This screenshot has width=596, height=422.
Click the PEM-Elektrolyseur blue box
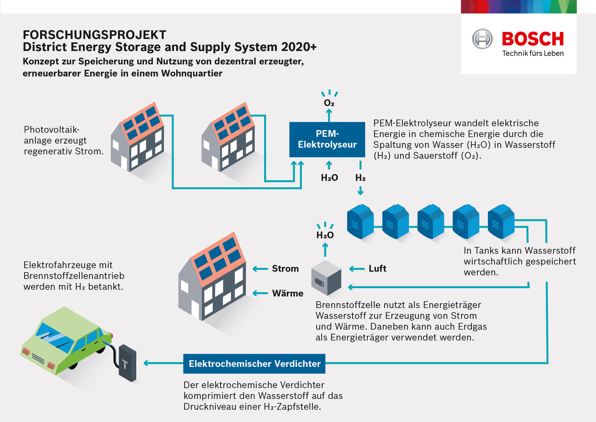point(327,139)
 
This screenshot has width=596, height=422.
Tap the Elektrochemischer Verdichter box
point(254,363)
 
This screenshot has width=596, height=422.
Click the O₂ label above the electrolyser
point(329,103)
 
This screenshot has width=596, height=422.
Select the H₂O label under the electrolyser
point(329,178)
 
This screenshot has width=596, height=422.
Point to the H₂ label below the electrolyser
point(360,178)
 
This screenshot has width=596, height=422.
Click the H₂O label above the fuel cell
point(325,235)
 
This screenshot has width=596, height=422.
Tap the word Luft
point(377,268)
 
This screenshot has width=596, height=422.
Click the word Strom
point(285,268)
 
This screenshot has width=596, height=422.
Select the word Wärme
point(288,293)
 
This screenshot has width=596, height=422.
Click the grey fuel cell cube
point(326,277)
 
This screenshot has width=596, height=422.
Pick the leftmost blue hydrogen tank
point(360,221)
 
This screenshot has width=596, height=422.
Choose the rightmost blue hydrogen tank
point(501,221)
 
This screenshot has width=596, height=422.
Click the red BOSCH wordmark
point(533,39)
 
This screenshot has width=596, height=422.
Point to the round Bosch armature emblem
point(482,39)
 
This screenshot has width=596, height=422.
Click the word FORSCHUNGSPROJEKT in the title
point(94,35)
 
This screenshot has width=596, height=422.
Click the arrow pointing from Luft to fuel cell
point(356,268)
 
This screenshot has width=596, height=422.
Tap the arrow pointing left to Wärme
point(260,293)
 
